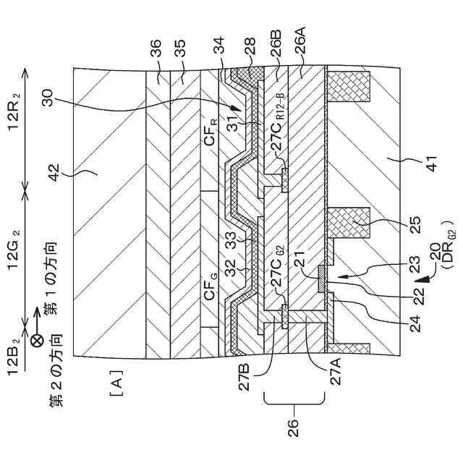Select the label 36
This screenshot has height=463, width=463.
click(x=155, y=47)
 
